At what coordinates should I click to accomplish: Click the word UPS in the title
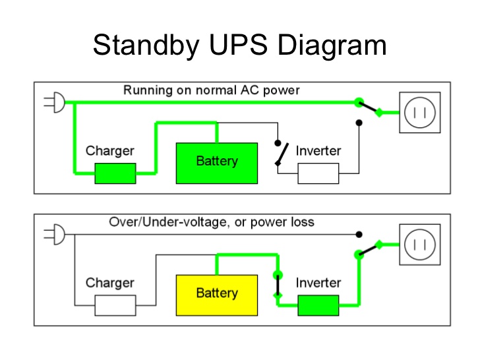click(238, 45)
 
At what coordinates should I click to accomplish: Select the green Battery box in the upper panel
click(217, 163)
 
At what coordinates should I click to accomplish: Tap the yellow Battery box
click(217, 295)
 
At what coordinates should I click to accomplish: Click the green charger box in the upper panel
click(115, 173)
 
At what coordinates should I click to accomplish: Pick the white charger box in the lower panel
click(115, 305)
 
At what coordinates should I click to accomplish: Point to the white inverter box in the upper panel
click(318, 173)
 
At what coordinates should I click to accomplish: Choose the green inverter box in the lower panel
click(318, 305)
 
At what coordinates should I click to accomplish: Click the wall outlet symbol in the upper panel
click(420, 112)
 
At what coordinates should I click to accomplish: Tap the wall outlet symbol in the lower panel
click(420, 244)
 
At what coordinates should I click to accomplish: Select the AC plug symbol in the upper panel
click(55, 102)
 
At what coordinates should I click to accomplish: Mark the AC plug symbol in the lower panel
click(55, 234)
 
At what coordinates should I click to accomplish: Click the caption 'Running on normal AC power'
click(211, 90)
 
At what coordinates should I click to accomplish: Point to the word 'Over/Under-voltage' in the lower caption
click(168, 222)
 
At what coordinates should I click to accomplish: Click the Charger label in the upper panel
click(110, 150)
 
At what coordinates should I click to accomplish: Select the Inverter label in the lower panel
click(318, 283)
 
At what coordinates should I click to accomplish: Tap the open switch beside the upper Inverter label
click(281, 154)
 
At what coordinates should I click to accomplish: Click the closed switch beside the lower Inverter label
click(278, 285)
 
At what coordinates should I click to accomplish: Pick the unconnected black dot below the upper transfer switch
click(359, 123)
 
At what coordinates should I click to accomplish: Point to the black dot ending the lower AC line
click(359, 235)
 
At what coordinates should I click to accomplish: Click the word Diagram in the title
click(332, 45)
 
